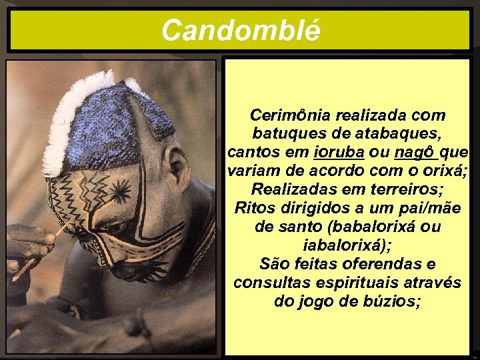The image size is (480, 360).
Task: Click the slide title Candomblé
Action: pos(241,30)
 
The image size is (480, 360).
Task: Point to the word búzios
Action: pos(393,301)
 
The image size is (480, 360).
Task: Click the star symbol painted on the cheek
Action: pos(120,193)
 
